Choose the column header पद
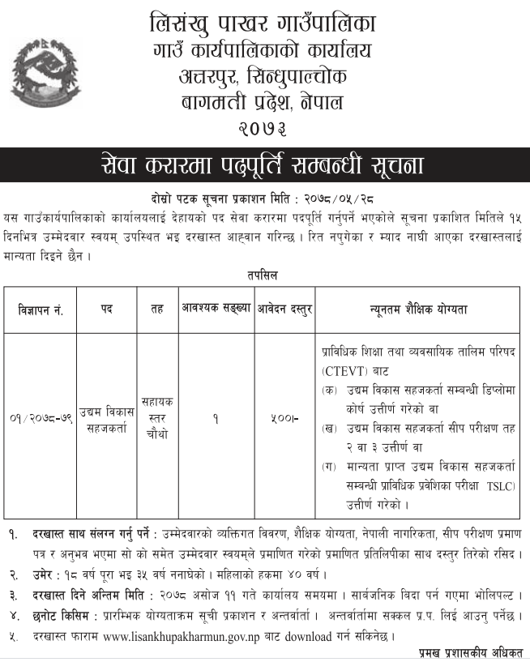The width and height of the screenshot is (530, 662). (106, 309)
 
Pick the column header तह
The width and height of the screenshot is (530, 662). (155, 309)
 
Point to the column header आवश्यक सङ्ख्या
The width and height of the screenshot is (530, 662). (216, 309)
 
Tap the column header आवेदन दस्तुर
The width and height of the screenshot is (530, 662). (285, 309)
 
